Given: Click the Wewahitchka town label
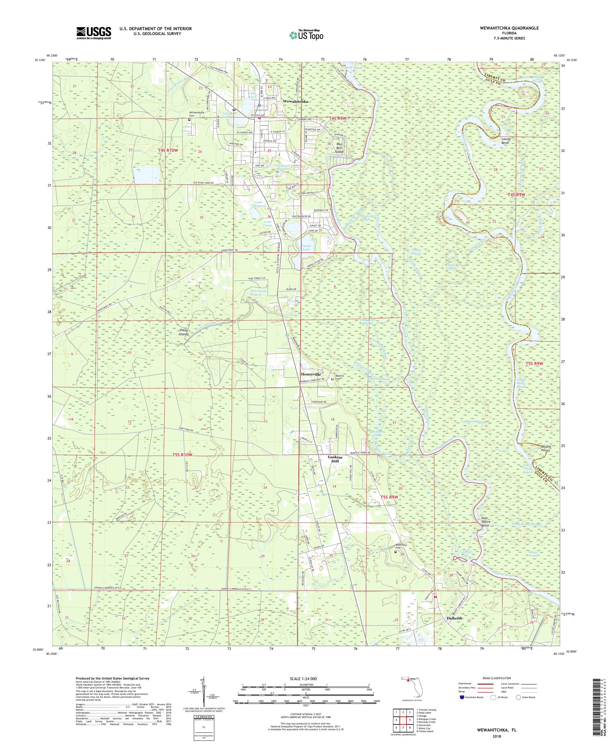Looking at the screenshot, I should tap(295, 101).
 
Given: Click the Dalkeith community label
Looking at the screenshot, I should tap(453, 618).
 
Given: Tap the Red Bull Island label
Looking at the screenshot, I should tap(339, 148).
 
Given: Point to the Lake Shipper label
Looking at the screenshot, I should tap(259, 204).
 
